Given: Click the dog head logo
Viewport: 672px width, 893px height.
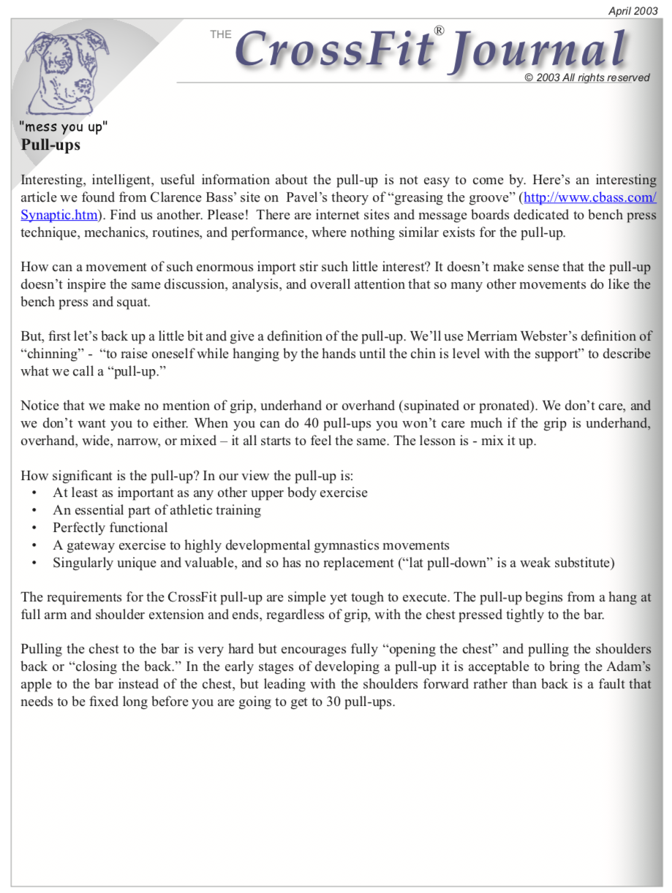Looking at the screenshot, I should tap(66, 70).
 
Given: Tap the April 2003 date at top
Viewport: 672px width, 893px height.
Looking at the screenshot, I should tap(633, 11).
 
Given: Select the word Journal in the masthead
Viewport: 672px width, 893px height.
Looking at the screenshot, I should tap(539, 52).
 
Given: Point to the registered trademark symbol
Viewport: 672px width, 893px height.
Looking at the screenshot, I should tap(439, 31).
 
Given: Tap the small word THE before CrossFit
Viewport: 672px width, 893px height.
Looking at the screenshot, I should tap(220, 34).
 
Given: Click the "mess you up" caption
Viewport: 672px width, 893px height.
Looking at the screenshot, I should tap(64, 126).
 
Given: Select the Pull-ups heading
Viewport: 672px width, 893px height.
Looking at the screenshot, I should tap(50, 145).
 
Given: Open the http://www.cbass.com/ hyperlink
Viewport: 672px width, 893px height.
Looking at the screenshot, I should tap(590, 197).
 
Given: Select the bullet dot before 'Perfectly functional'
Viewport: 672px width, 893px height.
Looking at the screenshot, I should tap(35, 528).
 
